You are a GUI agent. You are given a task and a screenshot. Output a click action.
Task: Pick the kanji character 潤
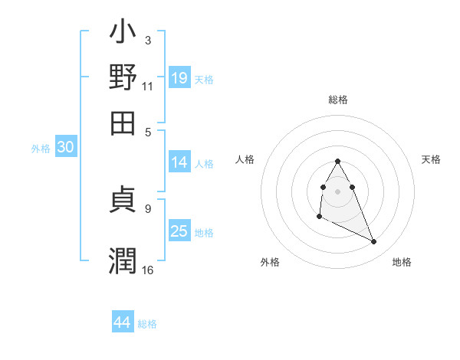tap(123, 259)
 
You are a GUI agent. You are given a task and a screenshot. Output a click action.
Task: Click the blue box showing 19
tap(179, 77)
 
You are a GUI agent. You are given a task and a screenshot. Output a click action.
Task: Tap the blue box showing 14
tap(179, 162)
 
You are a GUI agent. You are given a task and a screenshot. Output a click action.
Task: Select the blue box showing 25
tap(179, 231)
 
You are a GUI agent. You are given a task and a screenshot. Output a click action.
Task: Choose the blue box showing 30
tap(66, 149)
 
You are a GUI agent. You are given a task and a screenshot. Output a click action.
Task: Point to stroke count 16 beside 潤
tap(148, 270)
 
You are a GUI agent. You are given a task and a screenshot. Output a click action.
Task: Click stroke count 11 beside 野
tap(148, 86)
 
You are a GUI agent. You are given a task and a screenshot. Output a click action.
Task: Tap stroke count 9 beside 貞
tap(148, 207)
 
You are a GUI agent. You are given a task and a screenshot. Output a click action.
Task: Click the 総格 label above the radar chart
tap(338, 100)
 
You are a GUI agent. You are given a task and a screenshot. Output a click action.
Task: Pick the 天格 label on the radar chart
tap(432, 159)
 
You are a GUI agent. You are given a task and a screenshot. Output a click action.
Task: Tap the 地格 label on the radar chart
tap(402, 262)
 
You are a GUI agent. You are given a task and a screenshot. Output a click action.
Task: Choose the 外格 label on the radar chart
tap(270, 262)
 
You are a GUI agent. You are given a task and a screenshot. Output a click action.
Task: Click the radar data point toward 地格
tap(374, 242)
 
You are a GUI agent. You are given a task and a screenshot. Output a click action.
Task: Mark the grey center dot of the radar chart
tap(337, 190)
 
